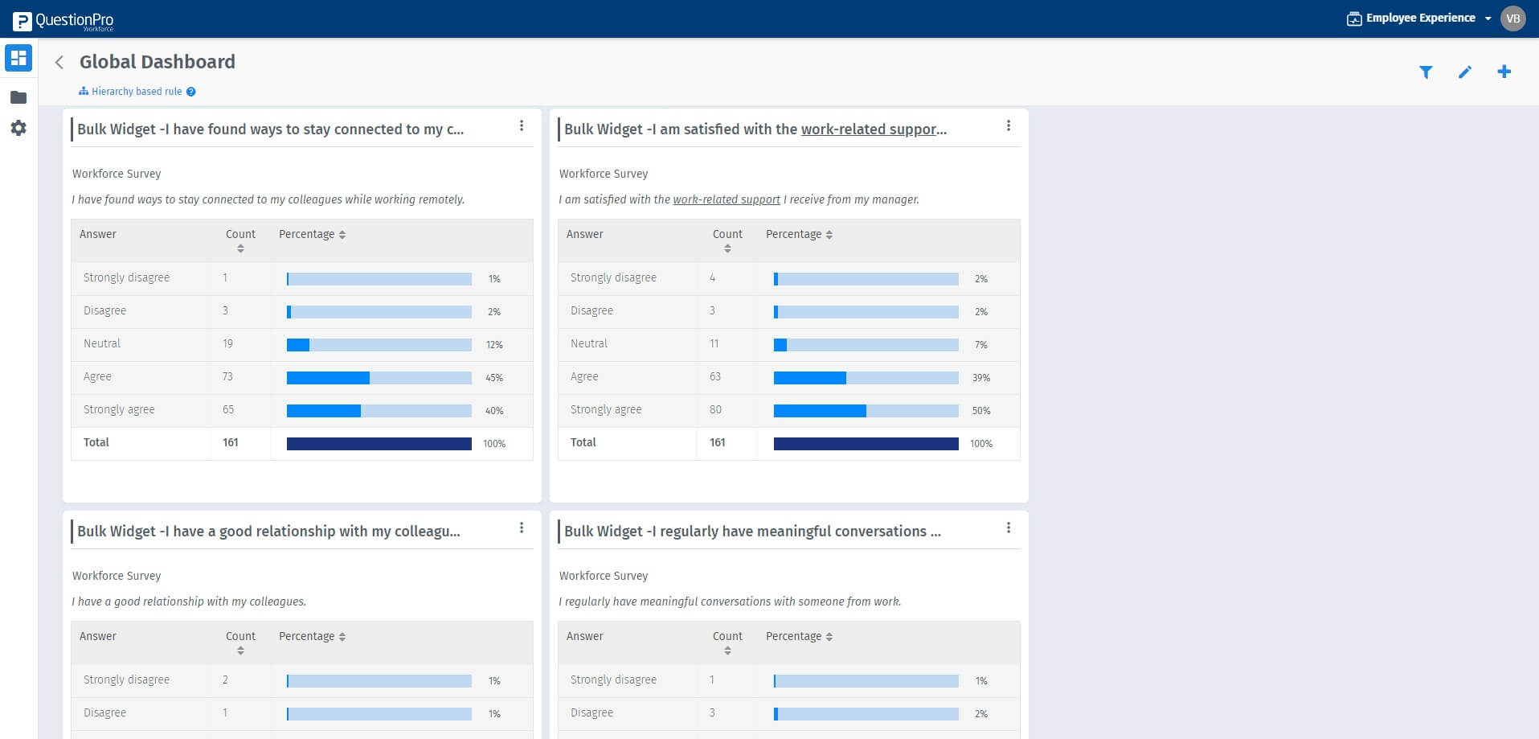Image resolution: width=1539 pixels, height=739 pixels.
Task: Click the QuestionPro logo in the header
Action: click(63, 20)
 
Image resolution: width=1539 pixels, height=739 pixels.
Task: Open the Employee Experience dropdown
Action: click(1419, 18)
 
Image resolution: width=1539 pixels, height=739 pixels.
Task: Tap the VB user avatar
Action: click(1512, 18)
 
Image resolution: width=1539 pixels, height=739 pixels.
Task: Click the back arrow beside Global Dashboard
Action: click(59, 63)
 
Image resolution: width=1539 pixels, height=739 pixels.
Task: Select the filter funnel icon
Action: click(1426, 72)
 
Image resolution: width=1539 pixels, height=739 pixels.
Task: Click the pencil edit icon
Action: click(1465, 72)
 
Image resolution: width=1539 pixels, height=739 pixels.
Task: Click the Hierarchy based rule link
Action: click(137, 92)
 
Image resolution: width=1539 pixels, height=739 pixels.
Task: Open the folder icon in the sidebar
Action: click(18, 97)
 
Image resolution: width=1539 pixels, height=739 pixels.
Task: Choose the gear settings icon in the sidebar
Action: click(18, 128)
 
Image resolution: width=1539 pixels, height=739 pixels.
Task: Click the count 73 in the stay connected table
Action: click(227, 376)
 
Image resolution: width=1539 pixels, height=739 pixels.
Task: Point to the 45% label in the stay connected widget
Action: click(494, 378)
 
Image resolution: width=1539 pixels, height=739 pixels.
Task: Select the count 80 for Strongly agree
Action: click(715, 409)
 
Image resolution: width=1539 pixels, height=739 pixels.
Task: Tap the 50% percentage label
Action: click(981, 411)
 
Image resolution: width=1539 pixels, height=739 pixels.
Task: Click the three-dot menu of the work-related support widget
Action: click(1009, 126)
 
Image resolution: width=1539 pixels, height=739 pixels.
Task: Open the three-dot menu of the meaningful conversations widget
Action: click(1009, 528)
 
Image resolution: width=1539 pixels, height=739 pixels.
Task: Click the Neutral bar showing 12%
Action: click(379, 345)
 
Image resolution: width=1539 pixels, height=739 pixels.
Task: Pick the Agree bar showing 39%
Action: click(866, 378)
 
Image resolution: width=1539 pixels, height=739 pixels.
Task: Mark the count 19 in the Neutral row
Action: click(227, 343)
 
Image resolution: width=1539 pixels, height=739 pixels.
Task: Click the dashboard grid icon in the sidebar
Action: click(18, 58)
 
